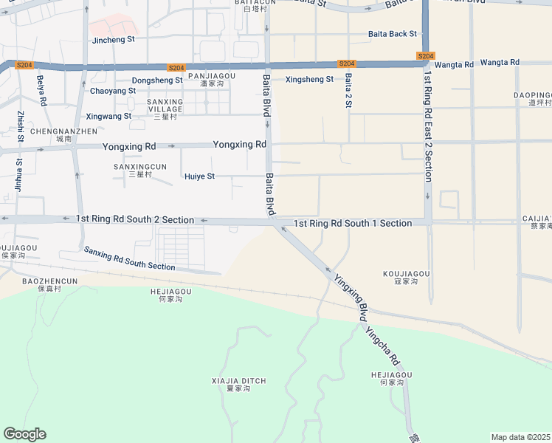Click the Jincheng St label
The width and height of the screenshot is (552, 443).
(114, 39)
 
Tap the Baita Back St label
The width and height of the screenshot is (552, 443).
(393, 34)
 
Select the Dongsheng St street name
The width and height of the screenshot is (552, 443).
(156, 80)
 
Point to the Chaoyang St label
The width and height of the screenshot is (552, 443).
(113, 91)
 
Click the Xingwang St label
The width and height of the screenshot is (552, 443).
(108, 116)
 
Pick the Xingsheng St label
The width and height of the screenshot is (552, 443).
(309, 79)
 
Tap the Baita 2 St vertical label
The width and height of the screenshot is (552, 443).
(348, 91)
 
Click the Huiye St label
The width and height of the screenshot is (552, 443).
(199, 176)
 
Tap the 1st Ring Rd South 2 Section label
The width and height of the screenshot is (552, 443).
(135, 220)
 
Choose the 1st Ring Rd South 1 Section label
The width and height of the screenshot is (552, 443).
(353, 223)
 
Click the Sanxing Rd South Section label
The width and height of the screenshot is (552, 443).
(129, 258)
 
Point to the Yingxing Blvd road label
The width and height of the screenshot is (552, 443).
(350, 297)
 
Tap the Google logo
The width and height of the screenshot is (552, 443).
(24, 434)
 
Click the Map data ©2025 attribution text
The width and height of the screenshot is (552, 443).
(520, 437)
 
